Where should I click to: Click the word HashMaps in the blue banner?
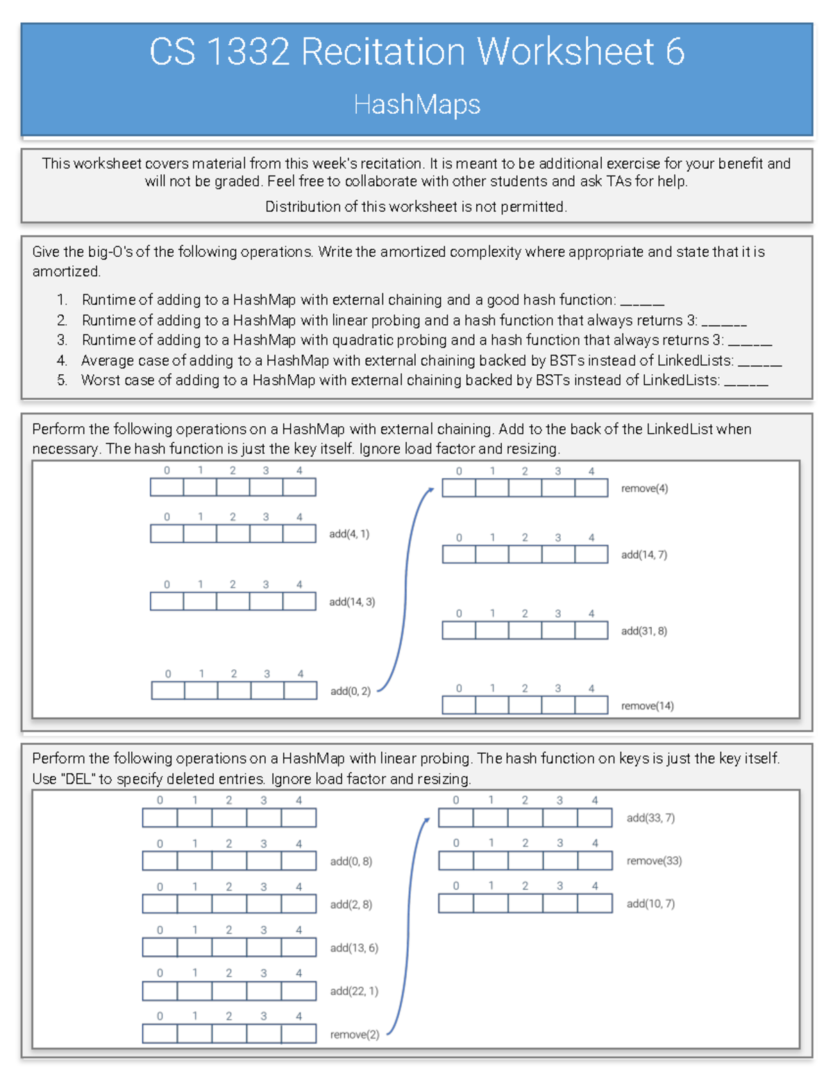416,105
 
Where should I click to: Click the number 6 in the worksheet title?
674,52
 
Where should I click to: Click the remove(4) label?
644,489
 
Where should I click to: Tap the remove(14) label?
647,706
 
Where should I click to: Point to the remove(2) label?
354,1034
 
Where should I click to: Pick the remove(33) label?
654,861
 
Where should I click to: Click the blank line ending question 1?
642,303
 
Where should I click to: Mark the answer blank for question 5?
746,383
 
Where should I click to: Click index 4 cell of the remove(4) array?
591,488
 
